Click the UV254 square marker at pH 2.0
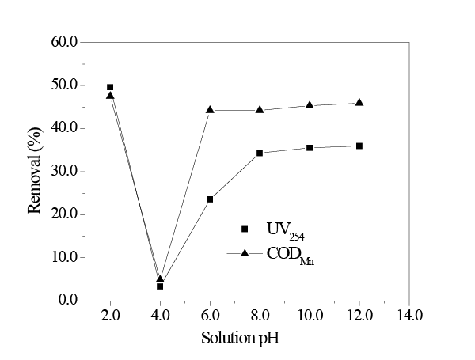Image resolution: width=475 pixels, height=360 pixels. pos(110,87)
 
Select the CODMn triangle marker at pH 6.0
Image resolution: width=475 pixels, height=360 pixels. pos(210,110)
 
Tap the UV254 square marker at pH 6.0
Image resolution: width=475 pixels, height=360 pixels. pos(210,199)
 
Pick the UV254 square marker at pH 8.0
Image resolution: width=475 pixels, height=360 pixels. pos(260,153)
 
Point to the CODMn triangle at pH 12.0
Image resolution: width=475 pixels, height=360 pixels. pos(359,102)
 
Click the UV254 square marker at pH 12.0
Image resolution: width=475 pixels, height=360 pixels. pos(359,146)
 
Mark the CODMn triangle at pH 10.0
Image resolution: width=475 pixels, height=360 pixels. pos(310,104)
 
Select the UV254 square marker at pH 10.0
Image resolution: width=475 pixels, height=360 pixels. pos(310,148)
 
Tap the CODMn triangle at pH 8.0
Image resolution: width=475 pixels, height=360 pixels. pos(260,110)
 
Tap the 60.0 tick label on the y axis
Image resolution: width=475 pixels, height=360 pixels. pos(63,42)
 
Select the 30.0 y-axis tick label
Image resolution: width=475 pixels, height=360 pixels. pos(63,172)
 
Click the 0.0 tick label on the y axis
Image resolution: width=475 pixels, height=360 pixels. pos(66,301)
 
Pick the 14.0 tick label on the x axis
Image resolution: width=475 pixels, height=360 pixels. pos(408,315)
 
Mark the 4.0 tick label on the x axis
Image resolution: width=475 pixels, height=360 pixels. pos(160,315)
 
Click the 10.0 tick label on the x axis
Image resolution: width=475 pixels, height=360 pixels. pos(310,315)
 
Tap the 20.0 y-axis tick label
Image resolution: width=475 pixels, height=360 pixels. pos(63,214)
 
